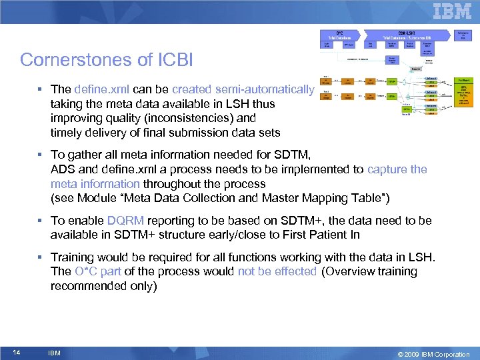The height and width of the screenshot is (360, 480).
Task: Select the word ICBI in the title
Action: [177, 60]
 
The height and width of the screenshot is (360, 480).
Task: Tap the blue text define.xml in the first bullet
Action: [99, 89]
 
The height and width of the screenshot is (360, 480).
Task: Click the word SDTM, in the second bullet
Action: [290, 155]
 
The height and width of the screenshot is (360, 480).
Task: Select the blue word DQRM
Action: [125, 221]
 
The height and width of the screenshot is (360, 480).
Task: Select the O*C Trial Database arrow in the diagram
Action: [339, 34]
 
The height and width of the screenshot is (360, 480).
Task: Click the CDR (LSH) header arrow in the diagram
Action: [403, 34]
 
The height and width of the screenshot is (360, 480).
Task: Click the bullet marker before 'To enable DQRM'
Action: [42, 221]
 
